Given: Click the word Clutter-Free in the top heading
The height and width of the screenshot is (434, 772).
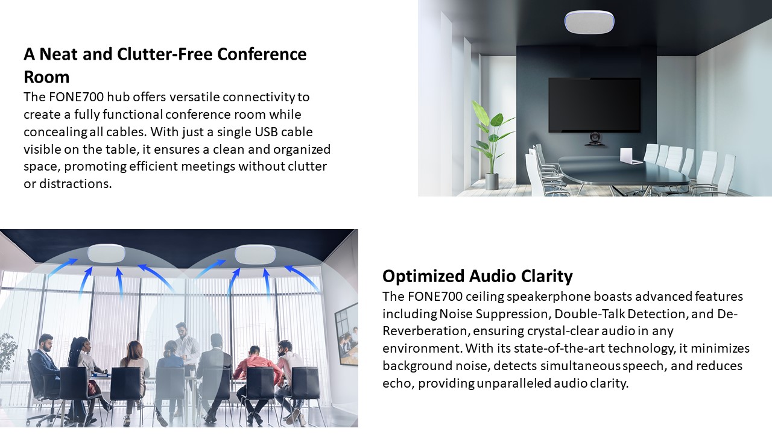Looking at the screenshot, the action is pyautogui.click(x=165, y=54).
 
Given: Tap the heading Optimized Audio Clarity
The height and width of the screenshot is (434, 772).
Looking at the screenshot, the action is pyautogui.click(x=477, y=276).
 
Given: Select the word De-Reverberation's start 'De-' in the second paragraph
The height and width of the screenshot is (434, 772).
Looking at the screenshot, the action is pyautogui.click(x=727, y=314).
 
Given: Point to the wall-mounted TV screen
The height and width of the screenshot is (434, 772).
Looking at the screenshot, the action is pyautogui.click(x=595, y=105).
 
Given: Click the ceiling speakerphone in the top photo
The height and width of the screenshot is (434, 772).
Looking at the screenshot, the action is pyautogui.click(x=589, y=22).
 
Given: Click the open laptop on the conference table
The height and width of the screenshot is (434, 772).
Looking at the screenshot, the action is pyautogui.click(x=630, y=156).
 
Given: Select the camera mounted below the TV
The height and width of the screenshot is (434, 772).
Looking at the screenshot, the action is pyautogui.click(x=595, y=140).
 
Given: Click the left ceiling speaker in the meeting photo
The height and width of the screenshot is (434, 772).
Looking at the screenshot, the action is pyautogui.click(x=106, y=254).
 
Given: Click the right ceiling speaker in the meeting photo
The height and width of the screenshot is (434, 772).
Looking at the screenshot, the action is pyautogui.click(x=255, y=254).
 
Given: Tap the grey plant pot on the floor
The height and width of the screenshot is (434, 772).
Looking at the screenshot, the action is pyautogui.click(x=492, y=181).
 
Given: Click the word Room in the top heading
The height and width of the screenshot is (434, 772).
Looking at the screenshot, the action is pyautogui.click(x=46, y=77).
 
